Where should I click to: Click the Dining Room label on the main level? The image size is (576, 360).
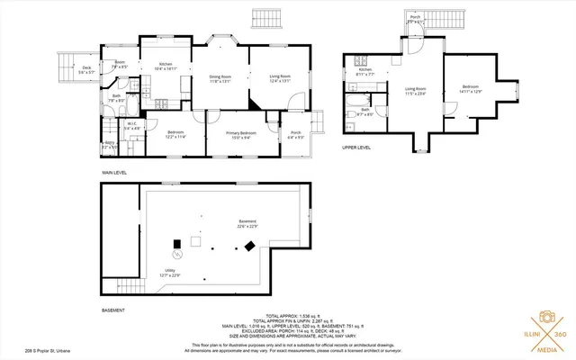pos(221,78)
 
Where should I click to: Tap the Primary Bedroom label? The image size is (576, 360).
pos(242,134)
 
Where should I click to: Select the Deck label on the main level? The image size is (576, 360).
pos(85,69)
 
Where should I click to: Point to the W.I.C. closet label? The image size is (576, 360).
pos(131,126)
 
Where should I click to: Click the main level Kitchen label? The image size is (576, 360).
pos(166,66)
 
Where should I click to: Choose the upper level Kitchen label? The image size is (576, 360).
pos(364,71)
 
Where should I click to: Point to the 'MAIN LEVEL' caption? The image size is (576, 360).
pos(113,170)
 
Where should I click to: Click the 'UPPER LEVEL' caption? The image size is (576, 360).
pos(356,147)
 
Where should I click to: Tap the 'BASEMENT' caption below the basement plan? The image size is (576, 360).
pos(112,310)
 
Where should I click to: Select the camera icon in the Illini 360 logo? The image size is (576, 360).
pos(544,319)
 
